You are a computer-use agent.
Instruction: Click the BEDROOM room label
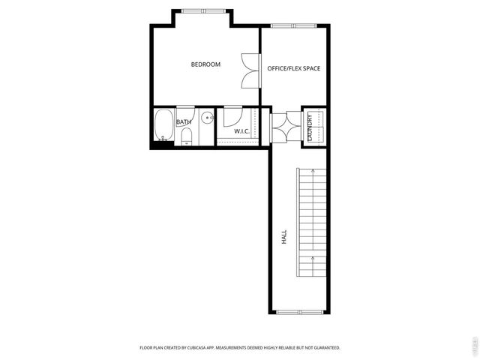(x=205, y=64)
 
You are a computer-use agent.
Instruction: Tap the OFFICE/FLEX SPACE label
(x=294, y=68)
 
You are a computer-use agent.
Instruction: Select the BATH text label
(x=184, y=121)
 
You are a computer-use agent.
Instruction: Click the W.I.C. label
(x=241, y=131)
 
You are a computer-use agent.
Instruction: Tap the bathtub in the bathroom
(x=163, y=125)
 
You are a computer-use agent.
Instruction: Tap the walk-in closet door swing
(x=232, y=116)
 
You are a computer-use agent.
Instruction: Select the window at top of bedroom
(x=202, y=10)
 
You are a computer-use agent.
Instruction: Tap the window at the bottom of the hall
(x=298, y=311)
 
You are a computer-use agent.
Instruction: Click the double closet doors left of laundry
(x=285, y=125)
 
